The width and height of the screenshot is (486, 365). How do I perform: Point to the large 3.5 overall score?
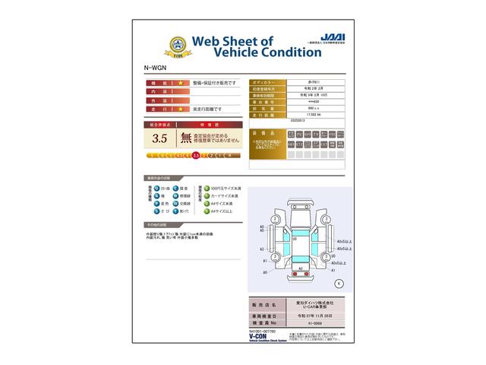[159, 138]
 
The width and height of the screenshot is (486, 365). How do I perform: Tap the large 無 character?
[185, 138]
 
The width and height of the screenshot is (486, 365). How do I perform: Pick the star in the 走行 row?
[181, 109]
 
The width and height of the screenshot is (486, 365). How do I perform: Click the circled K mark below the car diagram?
[339, 283]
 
